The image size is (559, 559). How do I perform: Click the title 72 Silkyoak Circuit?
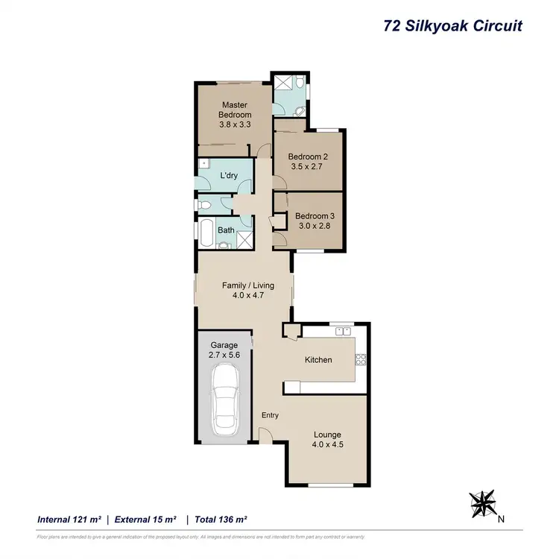tap(452, 26)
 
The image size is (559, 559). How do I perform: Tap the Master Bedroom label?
tap(234, 110)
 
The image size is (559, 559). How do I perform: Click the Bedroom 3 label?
tap(316, 217)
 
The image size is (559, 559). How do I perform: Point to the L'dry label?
tap(228, 176)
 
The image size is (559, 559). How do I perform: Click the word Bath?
tap(225, 230)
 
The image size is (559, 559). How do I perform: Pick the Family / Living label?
tap(248, 285)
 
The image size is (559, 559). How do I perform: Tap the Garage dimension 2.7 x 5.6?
tap(224, 356)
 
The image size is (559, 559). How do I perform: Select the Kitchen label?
tap(318, 360)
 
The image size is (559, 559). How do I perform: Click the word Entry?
tap(269, 415)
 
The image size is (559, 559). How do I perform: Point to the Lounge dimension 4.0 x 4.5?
tap(327, 445)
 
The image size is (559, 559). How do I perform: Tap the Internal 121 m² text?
tap(69, 519)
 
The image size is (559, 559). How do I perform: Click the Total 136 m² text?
tap(221, 519)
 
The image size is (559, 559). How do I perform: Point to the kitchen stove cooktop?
tap(361, 359)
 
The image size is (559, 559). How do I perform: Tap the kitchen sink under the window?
tap(343, 331)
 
